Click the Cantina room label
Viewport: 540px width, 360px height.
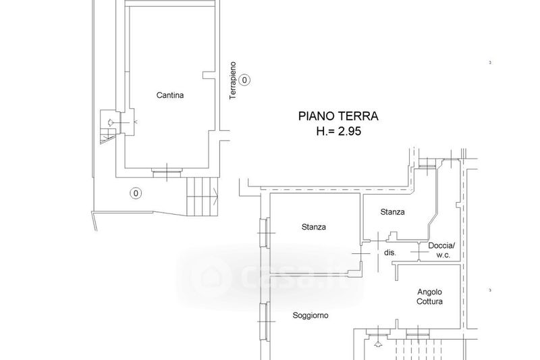coord(170,95)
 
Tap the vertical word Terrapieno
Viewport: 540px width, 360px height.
coord(233,80)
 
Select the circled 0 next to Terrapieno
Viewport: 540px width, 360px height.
coord(244,80)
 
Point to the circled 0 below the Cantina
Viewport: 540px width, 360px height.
coord(136,193)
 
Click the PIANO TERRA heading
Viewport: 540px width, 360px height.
coord(338,116)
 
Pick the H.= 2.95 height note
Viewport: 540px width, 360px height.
coord(339,131)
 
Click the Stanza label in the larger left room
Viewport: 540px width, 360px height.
coord(314,227)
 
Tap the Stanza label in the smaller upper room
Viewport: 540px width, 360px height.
coord(392,212)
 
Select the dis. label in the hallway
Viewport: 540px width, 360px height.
coord(390,253)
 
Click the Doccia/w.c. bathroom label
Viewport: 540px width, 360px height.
coord(442,251)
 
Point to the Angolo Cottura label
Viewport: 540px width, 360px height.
coord(429,297)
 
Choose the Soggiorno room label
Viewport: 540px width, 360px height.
coord(310,315)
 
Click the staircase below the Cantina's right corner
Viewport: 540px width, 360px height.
coord(202,197)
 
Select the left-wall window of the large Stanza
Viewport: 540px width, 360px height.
coord(265,233)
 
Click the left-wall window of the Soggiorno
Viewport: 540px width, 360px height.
coord(265,322)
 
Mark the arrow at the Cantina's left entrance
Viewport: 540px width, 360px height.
coord(111,122)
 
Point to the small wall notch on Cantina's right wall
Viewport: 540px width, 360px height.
coord(209,75)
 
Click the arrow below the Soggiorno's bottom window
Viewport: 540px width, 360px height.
coord(378,344)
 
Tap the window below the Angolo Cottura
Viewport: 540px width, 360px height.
coord(418,334)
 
